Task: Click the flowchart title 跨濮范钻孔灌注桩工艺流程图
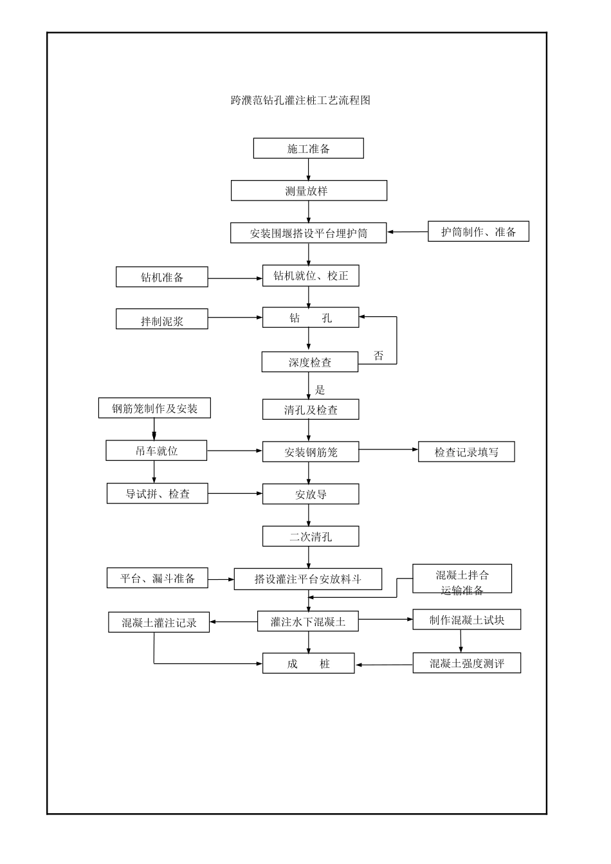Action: coord(300,100)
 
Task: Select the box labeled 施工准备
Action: coord(308,148)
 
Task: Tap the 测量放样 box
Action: coord(309,191)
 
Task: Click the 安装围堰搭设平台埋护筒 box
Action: coord(308,233)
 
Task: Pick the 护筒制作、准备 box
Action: coord(478,231)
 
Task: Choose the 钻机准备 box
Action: coord(162,277)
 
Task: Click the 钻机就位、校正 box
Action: coord(311,276)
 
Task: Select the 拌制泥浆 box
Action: coord(162,319)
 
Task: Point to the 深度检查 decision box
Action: coord(309,362)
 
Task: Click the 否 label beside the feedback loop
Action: coord(379,355)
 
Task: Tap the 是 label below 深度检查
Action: coord(320,390)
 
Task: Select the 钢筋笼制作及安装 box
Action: coord(154,408)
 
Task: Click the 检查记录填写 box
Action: coord(466,452)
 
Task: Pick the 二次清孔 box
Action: coord(310,536)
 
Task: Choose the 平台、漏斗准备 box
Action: coord(158,578)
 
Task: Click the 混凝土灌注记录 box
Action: coord(159,622)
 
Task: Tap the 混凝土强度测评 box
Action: coord(466,663)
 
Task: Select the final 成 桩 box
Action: coord(308,663)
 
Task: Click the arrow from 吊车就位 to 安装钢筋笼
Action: coord(235,451)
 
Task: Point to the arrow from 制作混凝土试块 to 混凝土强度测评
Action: coord(461,642)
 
